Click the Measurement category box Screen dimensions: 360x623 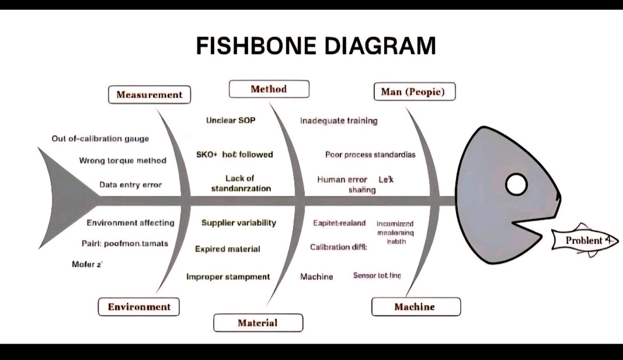click(149, 95)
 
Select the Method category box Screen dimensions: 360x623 click(269, 89)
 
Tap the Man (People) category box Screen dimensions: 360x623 click(413, 92)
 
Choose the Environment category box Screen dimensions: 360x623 click(139, 307)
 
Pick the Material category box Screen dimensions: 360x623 click(257, 323)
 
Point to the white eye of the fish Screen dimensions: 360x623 click(516, 185)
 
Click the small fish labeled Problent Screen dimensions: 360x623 click(584, 240)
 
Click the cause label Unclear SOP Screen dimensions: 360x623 click(231, 120)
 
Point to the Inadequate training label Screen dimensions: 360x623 click(339, 121)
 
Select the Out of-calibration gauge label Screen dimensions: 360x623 click(100, 138)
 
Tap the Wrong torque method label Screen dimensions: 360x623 click(123, 160)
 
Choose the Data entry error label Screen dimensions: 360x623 click(130, 184)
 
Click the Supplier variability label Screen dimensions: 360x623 click(239, 223)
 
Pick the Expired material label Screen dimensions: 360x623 click(228, 249)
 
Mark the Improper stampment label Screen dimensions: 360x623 click(228, 277)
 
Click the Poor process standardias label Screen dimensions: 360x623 click(370, 155)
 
